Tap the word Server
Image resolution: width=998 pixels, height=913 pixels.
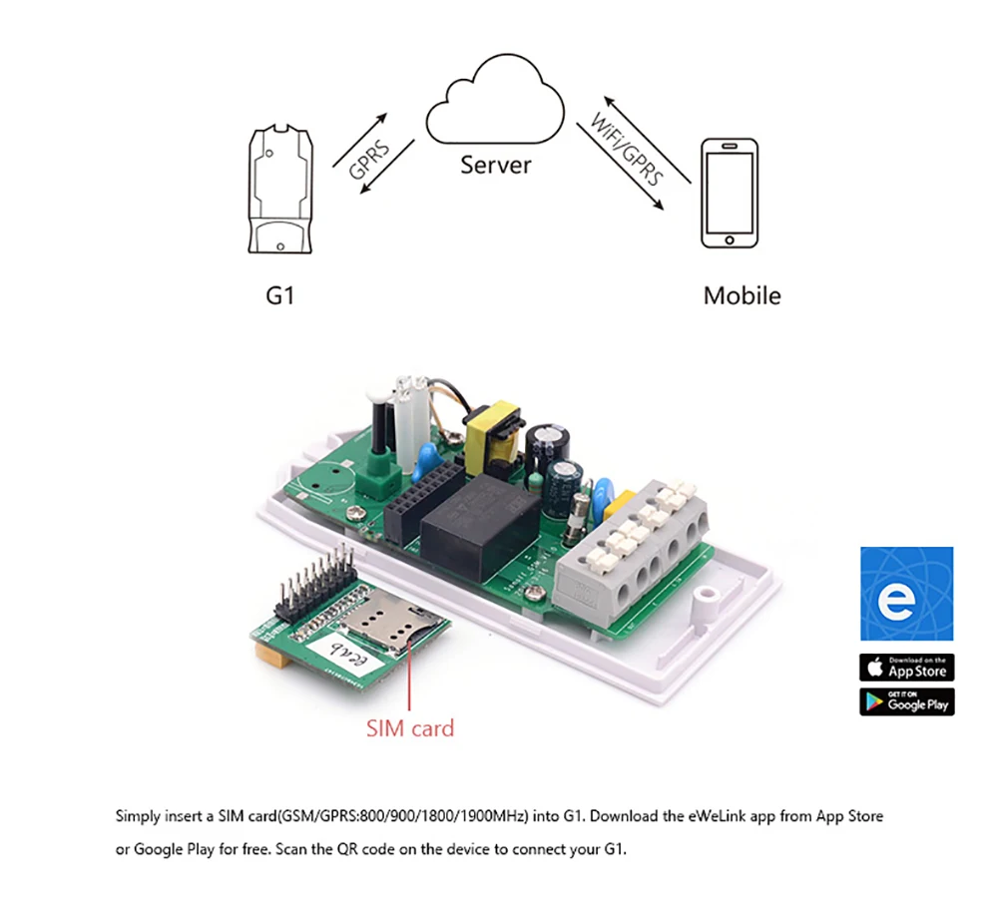[496, 165]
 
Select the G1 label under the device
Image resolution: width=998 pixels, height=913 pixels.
[280, 295]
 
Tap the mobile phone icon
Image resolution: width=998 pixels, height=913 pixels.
[728, 194]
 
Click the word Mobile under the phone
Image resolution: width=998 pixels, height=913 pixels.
[742, 295]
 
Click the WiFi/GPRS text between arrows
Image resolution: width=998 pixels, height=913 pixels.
[628, 151]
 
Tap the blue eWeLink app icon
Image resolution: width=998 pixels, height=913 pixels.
[906, 594]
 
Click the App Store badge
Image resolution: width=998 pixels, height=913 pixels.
[906, 667]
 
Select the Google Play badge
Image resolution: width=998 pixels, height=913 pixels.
[906, 701]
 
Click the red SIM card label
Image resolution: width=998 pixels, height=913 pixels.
[409, 728]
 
